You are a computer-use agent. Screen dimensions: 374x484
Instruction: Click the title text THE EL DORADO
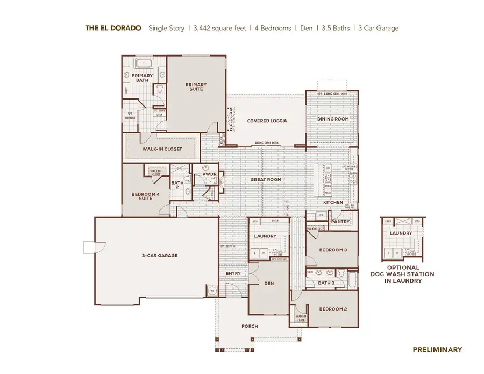pos(114,28)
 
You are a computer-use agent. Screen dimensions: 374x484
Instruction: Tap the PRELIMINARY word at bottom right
pos(437,350)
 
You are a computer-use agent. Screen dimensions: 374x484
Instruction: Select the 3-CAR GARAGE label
pos(160,255)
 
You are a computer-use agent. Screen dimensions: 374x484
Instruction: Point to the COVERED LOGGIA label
pos(267,121)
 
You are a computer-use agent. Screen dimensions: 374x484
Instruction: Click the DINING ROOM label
pos(332,119)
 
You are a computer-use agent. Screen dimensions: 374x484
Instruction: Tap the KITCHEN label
pos(333,202)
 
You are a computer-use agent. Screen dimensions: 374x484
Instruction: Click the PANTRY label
pos(340,222)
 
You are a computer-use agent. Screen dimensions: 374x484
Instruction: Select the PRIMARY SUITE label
pos(196,87)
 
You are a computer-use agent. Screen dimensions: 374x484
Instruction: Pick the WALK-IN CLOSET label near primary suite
pos(162,149)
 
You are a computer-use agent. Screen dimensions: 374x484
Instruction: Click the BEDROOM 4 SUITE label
pos(145,196)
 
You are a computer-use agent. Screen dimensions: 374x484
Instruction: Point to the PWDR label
pos(209,175)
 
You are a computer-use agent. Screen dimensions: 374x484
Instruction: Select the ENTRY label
pos(233,273)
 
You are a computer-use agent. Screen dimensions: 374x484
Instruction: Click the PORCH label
pos(250,326)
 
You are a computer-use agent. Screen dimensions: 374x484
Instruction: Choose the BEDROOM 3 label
pos(333,250)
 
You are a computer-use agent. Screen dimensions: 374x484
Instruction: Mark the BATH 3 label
pos(326,283)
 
